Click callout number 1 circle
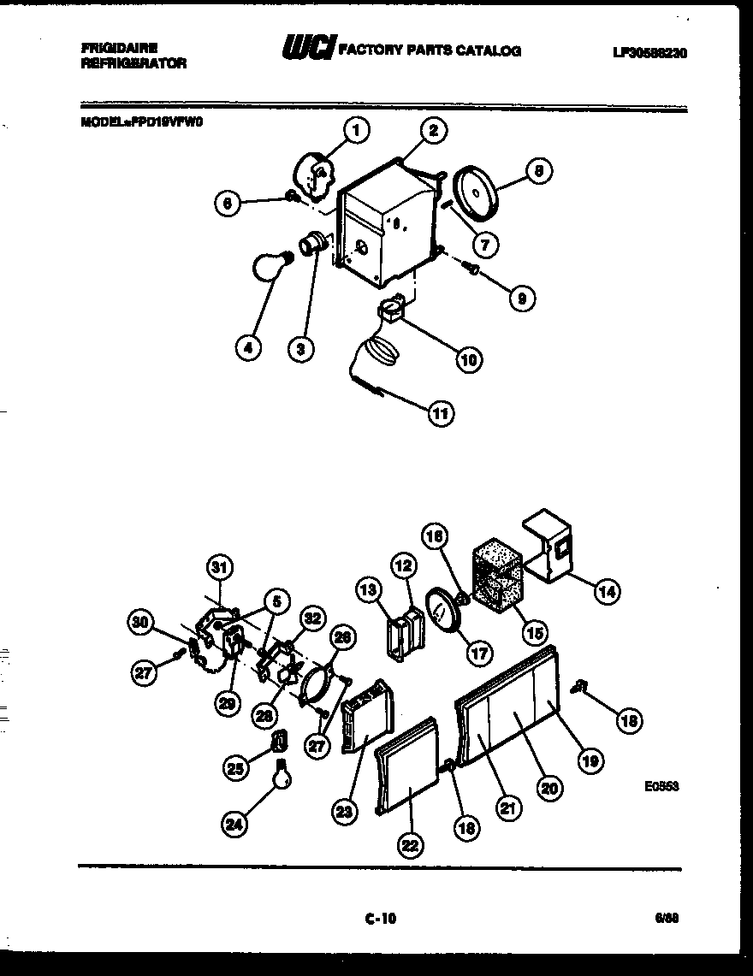pyautogui.click(x=357, y=130)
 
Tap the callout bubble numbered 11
pyautogui.click(x=440, y=412)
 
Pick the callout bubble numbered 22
pyautogui.click(x=410, y=845)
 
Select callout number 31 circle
pyautogui.click(x=221, y=566)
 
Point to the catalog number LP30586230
pyautogui.click(x=649, y=53)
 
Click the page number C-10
pyautogui.click(x=380, y=920)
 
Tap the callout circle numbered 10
pyautogui.click(x=468, y=359)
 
